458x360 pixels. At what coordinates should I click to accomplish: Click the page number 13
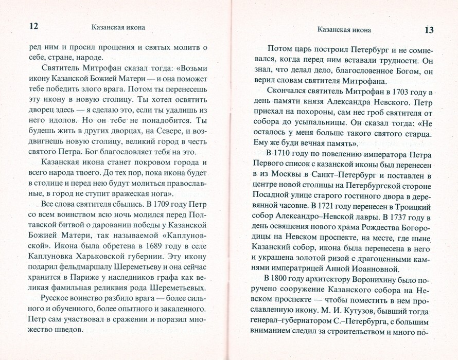pyautogui.click(x=429, y=29)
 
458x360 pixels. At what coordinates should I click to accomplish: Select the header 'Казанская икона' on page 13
pyautogui.click(x=344, y=29)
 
